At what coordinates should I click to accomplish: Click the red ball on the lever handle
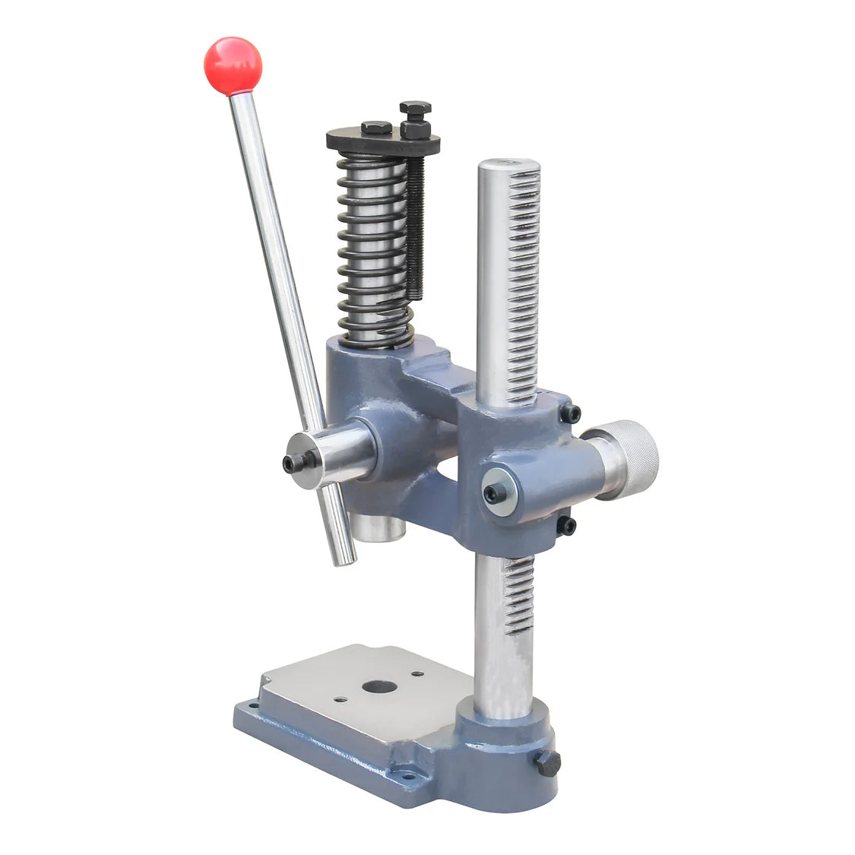click(x=232, y=65)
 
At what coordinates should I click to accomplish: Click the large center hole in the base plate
click(x=379, y=687)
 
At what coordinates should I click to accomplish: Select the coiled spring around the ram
click(x=374, y=251)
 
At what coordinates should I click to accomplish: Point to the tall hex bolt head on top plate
click(x=415, y=108)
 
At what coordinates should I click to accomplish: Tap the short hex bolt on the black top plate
click(x=376, y=127)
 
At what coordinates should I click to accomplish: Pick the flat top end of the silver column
click(x=508, y=165)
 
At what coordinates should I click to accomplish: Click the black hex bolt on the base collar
click(x=548, y=762)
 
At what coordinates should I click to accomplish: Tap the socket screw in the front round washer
click(x=495, y=493)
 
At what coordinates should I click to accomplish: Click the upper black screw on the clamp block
click(x=571, y=414)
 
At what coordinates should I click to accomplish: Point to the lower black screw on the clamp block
click(x=566, y=525)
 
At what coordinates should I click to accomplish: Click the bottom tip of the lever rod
click(x=346, y=559)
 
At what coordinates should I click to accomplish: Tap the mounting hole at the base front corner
click(x=403, y=776)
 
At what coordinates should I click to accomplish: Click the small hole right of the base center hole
click(x=417, y=673)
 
